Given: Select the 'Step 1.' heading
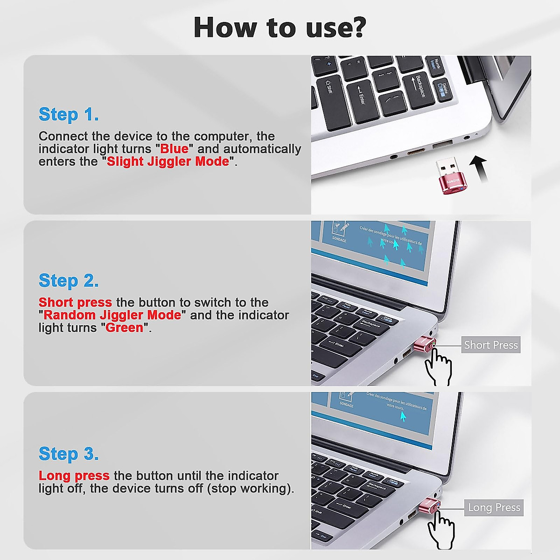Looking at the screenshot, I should point(69,114).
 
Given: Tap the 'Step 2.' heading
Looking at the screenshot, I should point(69,281).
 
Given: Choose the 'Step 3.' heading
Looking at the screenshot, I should point(69,454).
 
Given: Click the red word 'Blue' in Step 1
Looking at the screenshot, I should point(174,149).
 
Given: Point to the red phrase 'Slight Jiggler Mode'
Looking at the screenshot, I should point(168,161).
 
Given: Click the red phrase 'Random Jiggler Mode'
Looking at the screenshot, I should point(112,315).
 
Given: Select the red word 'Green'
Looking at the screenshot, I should point(124,328).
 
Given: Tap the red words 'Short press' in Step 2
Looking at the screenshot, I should point(75,302).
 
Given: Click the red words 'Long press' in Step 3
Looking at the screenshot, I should point(74,476).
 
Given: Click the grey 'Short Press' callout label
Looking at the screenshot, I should point(490,345).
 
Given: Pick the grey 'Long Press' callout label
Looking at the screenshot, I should point(494,508).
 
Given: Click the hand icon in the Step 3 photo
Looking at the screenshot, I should point(441,530).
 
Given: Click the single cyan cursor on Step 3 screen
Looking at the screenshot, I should point(402,417).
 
